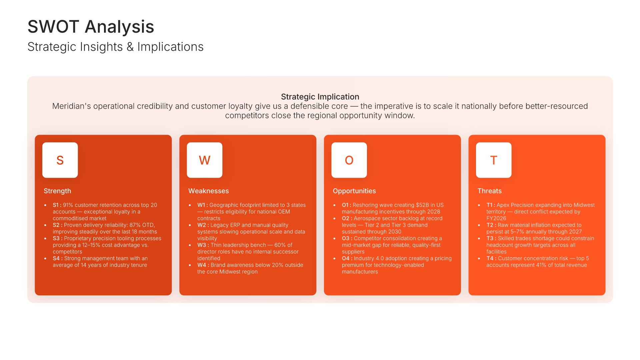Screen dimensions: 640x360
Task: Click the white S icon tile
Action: point(60,160)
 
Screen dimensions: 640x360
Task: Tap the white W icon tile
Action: point(205,160)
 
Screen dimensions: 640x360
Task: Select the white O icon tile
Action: point(349,160)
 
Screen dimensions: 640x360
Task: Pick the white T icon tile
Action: point(494,160)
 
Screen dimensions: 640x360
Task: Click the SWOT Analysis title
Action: point(91,27)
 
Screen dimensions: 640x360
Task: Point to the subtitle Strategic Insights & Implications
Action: point(115,47)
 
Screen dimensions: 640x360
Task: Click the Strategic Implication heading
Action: point(320,97)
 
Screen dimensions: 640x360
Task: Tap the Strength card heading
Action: point(57,191)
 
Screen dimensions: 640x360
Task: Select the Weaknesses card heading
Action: point(209,191)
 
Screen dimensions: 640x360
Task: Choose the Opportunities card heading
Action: point(354,191)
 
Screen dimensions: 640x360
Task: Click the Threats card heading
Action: point(489,191)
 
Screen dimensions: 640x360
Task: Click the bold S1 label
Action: point(57,205)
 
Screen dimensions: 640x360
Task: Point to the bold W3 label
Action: point(202,245)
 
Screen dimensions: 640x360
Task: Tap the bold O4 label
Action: point(347,258)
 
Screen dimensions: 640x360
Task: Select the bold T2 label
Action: point(491,225)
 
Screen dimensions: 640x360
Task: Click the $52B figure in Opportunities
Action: point(422,205)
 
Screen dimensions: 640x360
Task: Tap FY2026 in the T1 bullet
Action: point(496,218)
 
